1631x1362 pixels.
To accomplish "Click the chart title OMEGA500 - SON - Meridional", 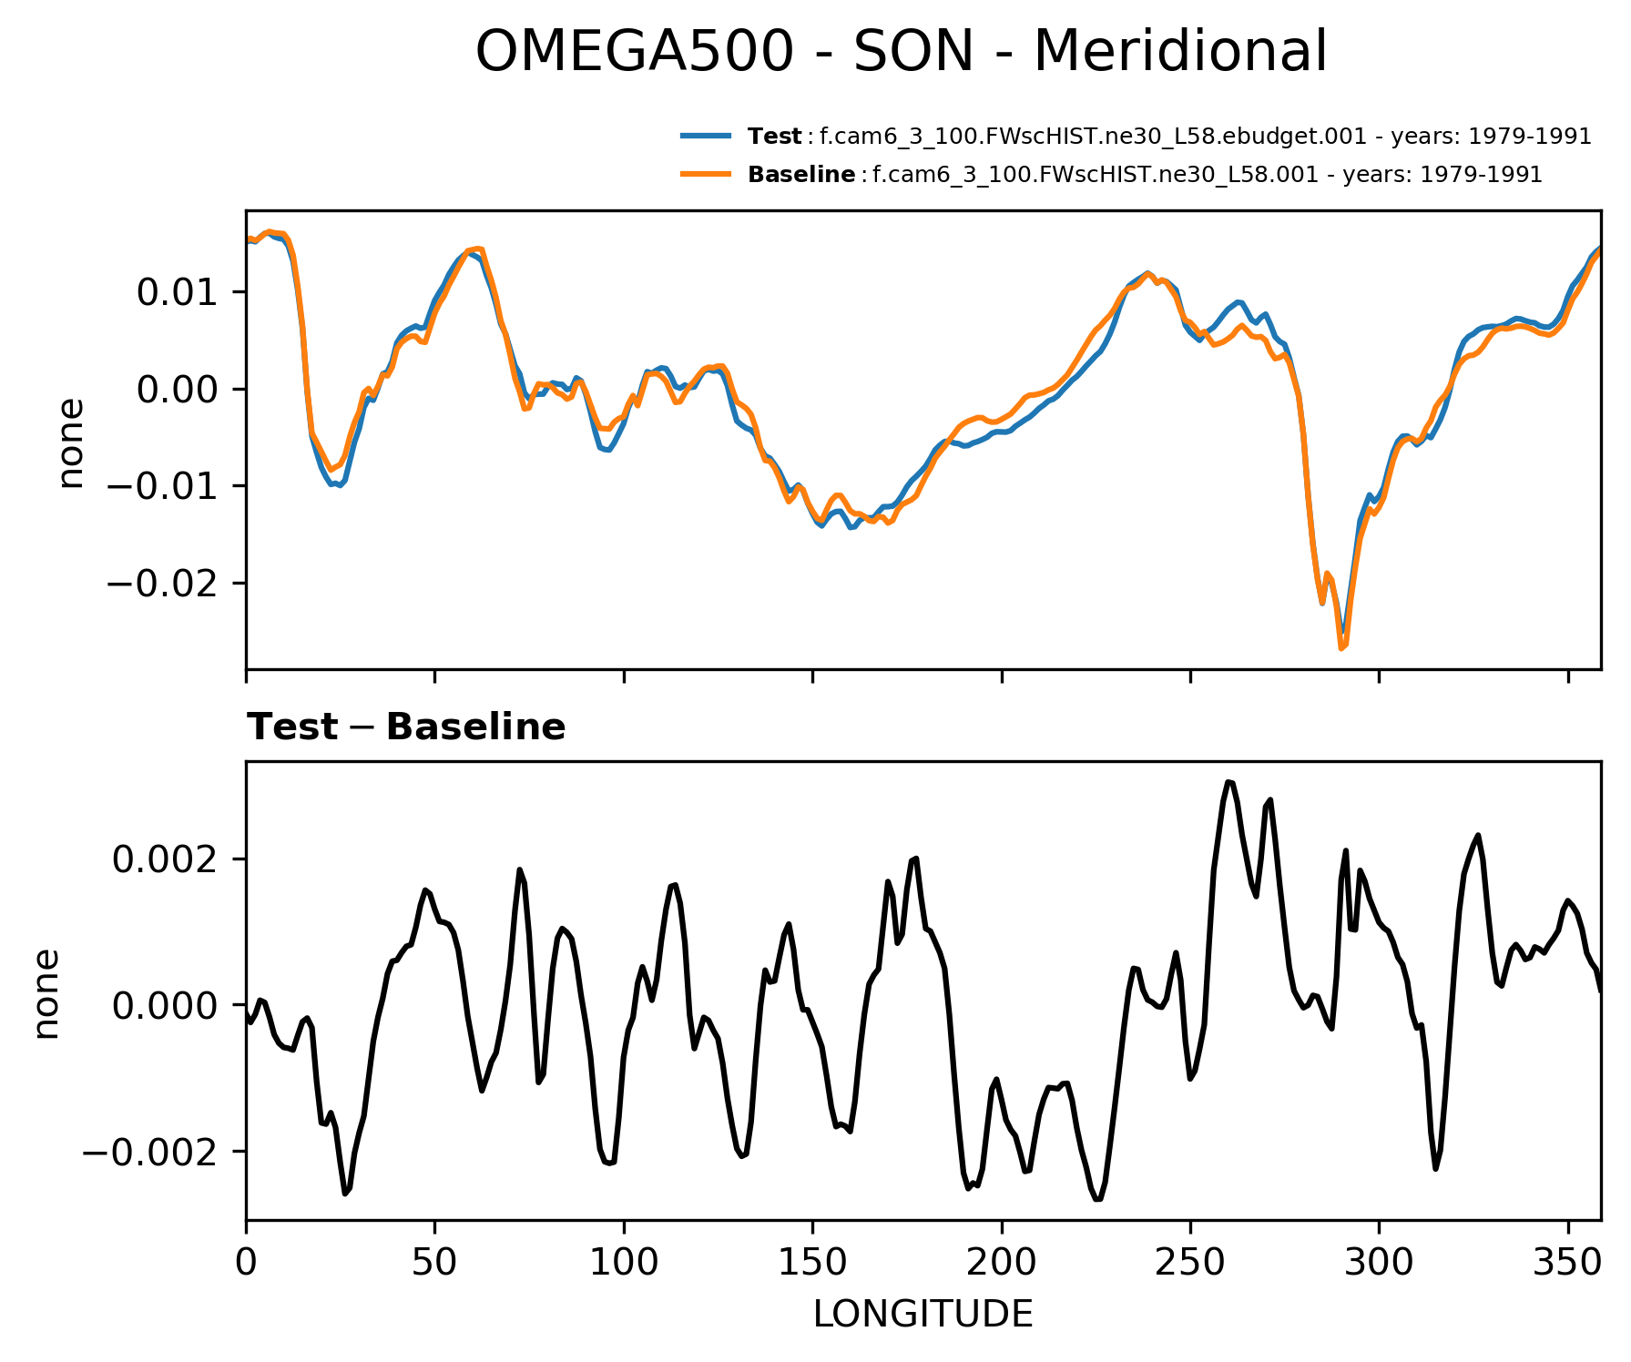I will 901,51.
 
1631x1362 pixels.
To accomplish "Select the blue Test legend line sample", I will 705,137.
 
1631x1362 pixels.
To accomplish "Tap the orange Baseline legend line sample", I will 705,174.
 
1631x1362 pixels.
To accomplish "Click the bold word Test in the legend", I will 774,137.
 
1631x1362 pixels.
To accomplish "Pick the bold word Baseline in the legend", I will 801,174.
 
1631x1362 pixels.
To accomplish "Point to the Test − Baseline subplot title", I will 406,727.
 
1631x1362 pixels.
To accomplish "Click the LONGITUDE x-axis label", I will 923,1314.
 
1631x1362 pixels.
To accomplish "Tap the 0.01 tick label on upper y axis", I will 178,293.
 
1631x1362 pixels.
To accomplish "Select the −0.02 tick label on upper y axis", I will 164,584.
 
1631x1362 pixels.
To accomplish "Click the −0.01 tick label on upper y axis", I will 164,487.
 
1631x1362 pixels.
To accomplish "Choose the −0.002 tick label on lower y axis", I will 151,1152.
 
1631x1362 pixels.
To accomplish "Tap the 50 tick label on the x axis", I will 434,1263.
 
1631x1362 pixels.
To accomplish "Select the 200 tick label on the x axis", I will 1001,1263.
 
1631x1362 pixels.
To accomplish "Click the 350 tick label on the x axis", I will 1567,1263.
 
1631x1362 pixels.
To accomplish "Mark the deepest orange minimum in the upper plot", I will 1342,647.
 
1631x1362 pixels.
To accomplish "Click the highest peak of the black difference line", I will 1228,782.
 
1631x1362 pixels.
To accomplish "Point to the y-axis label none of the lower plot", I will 46,993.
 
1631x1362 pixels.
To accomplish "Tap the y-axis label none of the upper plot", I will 71,443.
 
